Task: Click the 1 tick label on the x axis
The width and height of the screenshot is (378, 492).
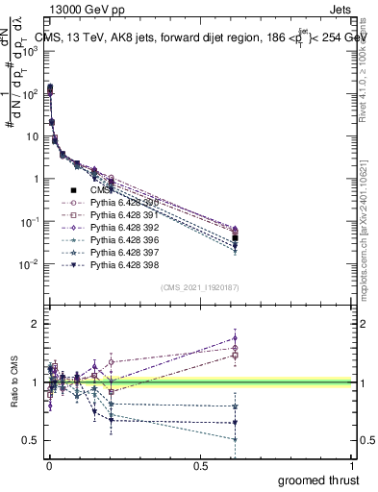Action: pos(353,464)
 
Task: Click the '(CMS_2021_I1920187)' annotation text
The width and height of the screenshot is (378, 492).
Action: pos(199,287)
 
